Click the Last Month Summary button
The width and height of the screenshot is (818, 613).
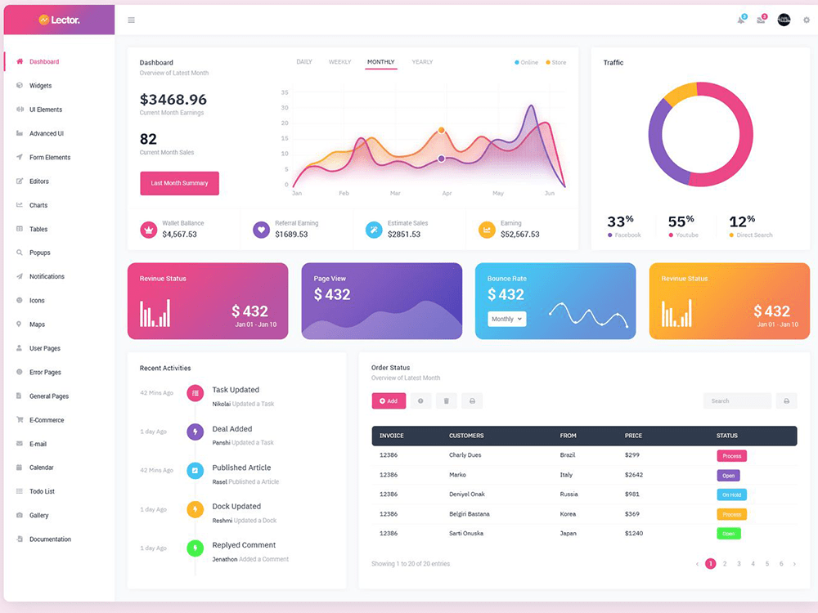[x=179, y=183]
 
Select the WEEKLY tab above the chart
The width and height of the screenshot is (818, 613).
[x=339, y=62]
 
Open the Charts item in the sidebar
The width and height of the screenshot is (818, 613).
[x=38, y=205]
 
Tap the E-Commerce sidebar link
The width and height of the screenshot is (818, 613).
[x=47, y=420]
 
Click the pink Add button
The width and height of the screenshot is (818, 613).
[x=389, y=400]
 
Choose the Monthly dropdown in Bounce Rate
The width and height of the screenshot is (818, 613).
[x=507, y=319]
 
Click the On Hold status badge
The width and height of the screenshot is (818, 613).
[x=731, y=494]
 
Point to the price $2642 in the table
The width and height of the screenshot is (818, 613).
[x=634, y=475]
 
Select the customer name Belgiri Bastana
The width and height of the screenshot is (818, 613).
[x=470, y=514]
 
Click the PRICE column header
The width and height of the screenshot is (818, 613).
[x=633, y=436]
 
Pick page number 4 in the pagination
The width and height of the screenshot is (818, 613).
[x=753, y=564]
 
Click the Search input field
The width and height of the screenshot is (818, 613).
[x=736, y=400]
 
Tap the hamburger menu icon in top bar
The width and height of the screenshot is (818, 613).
[x=131, y=20]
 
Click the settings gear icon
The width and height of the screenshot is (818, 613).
[x=806, y=20]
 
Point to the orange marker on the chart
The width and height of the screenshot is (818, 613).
[x=442, y=130]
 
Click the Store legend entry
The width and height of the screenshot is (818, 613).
[x=556, y=62]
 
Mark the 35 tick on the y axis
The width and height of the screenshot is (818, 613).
[x=285, y=92]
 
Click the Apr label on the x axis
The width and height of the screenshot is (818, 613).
[x=447, y=194]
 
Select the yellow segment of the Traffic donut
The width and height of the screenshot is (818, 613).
[x=679, y=94]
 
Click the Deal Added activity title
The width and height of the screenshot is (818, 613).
[x=232, y=428]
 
